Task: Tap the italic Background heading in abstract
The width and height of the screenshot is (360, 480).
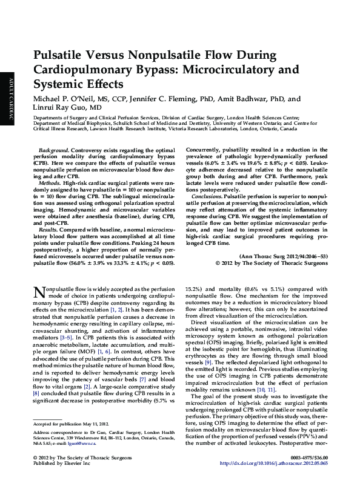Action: [x=53, y=149]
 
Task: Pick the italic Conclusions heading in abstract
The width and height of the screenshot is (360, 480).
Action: [x=206, y=196]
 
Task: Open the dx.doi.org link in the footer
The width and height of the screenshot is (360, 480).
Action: [x=281, y=463]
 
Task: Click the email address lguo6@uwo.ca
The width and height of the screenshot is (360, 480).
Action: [x=82, y=444]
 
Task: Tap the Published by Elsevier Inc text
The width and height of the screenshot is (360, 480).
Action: [x=64, y=463]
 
